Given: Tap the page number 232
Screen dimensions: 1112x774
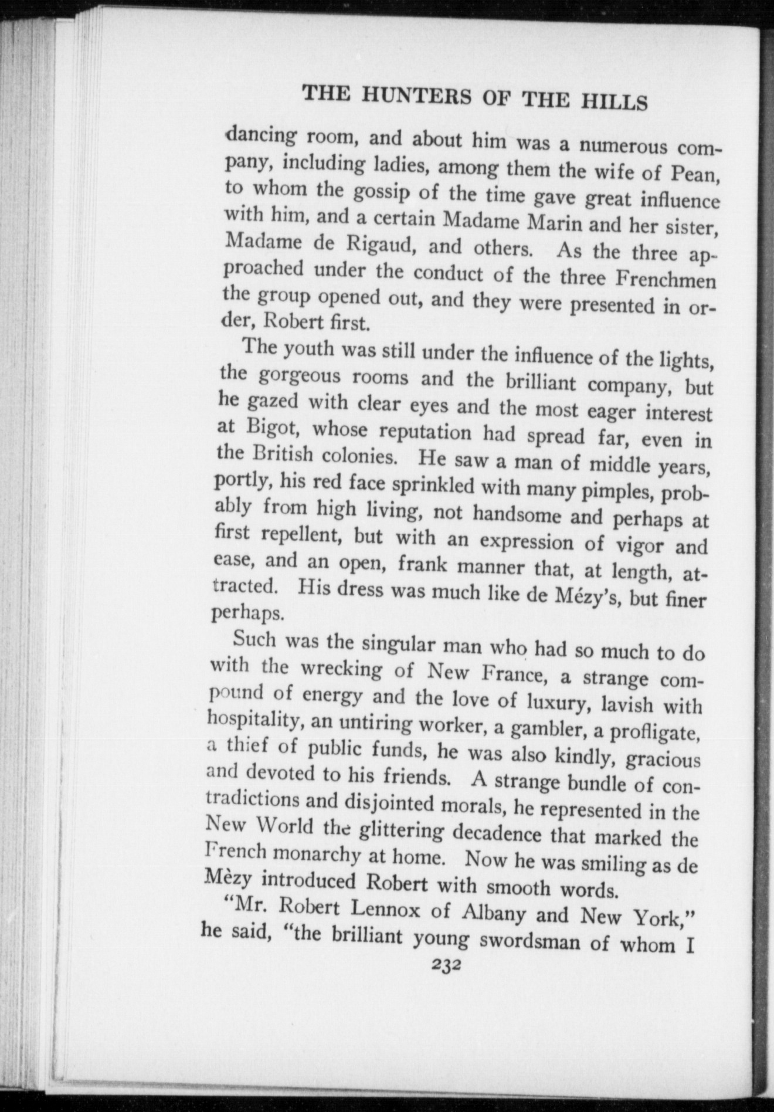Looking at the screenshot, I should point(446,965).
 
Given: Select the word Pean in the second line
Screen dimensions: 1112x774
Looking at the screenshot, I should point(695,174).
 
